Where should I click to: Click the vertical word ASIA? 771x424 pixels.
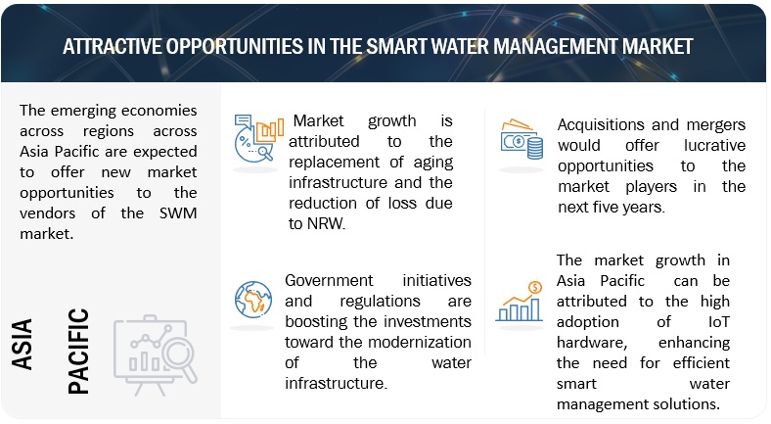pyautogui.click(x=23, y=344)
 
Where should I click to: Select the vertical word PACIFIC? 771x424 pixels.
pyautogui.click(x=78, y=352)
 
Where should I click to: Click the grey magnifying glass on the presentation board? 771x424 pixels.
pyautogui.click(x=179, y=360)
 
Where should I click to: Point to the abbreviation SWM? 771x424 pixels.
pyautogui.click(x=178, y=213)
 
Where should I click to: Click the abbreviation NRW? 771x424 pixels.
pyautogui.click(x=326, y=224)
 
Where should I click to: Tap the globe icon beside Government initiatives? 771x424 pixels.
pyautogui.click(x=253, y=300)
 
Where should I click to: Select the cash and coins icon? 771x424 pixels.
pyautogui.click(x=522, y=139)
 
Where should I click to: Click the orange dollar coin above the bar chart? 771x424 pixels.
pyautogui.click(x=535, y=287)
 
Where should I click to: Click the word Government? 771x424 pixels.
pyautogui.click(x=329, y=280)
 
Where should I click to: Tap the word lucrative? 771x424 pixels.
pyautogui.click(x=714, y=146)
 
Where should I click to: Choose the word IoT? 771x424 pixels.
pyautogui.click(x=718, y=322)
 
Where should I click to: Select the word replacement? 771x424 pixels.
pyautogui.click(x=334, y=163)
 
